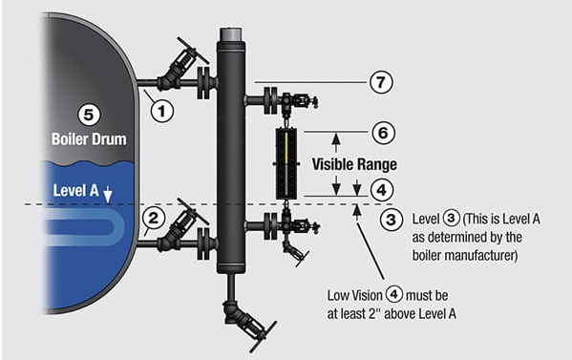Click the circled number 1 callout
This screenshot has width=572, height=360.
162,111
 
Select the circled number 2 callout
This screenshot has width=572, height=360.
154,218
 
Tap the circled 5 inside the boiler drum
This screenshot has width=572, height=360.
89,115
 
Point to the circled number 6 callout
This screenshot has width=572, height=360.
383,133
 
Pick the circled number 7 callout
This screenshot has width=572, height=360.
381,82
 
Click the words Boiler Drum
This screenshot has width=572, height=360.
89,139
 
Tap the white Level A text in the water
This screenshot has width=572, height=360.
75,190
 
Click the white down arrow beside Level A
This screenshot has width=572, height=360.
108,195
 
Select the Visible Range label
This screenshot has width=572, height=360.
354,164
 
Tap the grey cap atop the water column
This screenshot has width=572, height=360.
231,34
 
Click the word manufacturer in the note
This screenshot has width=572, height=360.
465,255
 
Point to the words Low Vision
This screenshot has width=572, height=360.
354,295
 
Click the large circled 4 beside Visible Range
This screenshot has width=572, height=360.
382,190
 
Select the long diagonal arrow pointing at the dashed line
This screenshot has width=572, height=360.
370,243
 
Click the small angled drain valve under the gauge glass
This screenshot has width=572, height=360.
295,252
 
